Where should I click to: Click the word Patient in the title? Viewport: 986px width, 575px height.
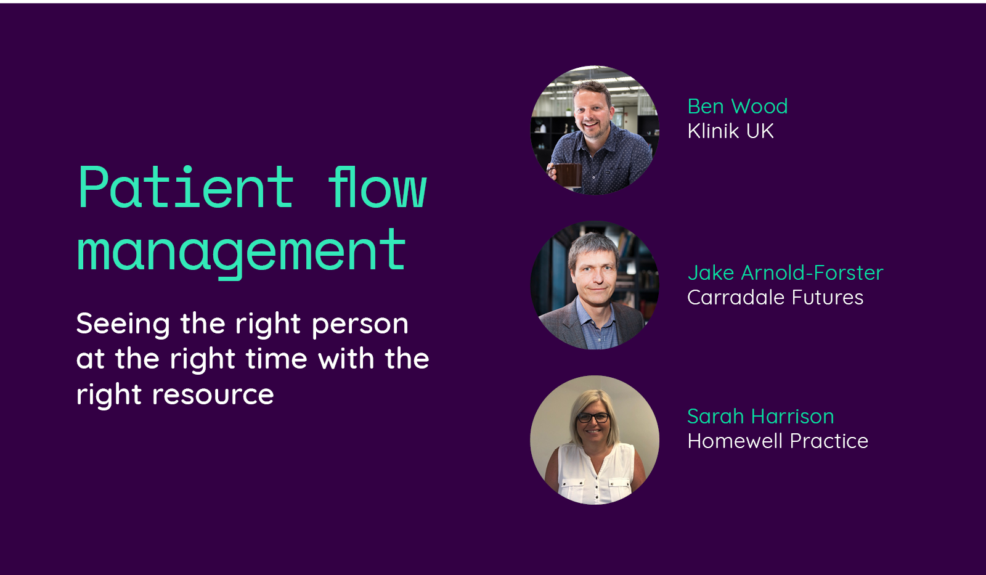tap(185, 187)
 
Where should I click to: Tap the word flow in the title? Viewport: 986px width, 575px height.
tap(377, 187)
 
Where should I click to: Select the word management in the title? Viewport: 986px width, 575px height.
tap(241, 253)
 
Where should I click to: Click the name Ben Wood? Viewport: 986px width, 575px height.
tap(737, 107)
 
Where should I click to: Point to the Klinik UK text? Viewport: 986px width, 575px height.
tap(730, 131)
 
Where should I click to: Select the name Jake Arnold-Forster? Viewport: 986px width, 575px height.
tap(785, 273)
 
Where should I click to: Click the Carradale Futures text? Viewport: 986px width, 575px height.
tap(775, 298)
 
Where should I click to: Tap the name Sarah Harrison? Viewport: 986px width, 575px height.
tap(760, 417)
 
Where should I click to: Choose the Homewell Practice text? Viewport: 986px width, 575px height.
tap(778, 441)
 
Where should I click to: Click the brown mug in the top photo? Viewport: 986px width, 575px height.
tap(568, 175)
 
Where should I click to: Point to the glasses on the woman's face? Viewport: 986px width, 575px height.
tap(593, 417)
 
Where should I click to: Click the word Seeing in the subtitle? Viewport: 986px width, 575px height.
tap(123, 325)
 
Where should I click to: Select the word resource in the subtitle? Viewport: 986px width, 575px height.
tap(213, 394)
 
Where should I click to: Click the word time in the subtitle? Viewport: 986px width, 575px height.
tap(277, 359)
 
